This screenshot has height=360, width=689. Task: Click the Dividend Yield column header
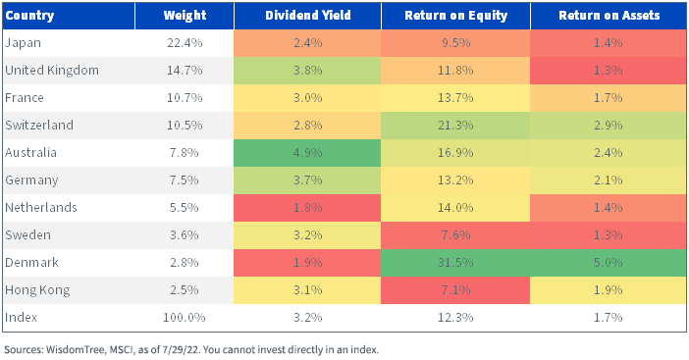(x=307, y=16)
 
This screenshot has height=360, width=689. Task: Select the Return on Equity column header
(x=455, y=16)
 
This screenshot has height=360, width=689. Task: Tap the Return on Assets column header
(x=609, y=16)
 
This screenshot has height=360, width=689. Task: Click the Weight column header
(x=185, y=16)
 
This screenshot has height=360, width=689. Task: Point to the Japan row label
(x=23, y=43)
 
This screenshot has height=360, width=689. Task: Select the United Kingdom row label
(x=52, y=71)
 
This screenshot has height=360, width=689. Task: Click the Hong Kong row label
(x=37, y=290)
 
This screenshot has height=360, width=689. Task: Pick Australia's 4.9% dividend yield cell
(x=307, y=153)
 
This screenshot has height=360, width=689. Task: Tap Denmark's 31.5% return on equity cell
(x=455, y=263)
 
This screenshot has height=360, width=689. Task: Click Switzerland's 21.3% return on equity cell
(x=455, y=126)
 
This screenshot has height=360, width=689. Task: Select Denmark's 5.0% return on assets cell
(x=609, y=263)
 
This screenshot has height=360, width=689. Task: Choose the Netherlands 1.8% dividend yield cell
(x=307, y=208)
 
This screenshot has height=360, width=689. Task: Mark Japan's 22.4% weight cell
(x=185, y=43)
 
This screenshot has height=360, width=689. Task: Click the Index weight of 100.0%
(x=185, y=318)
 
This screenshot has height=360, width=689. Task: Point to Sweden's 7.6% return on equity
(x=455, y=235)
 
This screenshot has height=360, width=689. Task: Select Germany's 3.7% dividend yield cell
(x=307, y=180)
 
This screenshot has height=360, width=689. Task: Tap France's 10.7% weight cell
(x=185, y=98)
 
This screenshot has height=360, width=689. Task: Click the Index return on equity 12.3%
(x=455, y=318)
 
